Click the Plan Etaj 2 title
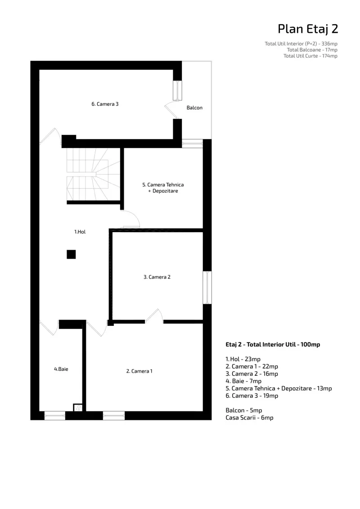click(x=308, y=29)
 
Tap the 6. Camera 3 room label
click(x=105, y=104)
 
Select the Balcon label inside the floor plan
click(x=194, y=108)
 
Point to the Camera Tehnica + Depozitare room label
click(x=163, y=188)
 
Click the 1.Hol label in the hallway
click(x=80, y=232)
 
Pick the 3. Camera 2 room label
click(x=157, y=277)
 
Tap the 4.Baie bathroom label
click(x=61, y=369)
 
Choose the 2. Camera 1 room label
click(x=139, y=371)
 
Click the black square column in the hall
click(x=71, y=254)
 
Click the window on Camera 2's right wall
click(x=207, y=288)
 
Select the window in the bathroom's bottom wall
click(x=54, y=415)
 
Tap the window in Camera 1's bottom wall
click(x=113, y=415)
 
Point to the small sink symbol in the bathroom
click(x=78, y=408)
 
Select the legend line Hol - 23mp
click(x=243, y=359)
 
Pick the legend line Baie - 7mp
click(x=243, y=381)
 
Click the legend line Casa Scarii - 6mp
click(x=249, y=418)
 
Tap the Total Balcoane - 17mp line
click(x=312, y=50)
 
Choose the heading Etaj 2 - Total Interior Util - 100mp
click(x=273, y=344)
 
